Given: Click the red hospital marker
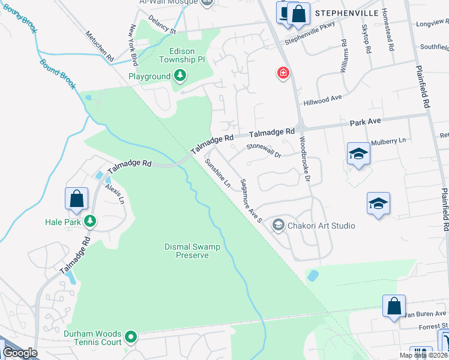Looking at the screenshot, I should click(283, 74).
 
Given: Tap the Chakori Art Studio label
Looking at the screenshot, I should click(321, 226).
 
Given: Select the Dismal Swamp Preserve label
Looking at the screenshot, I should click(192, 251).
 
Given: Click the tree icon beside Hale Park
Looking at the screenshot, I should click(90, 221).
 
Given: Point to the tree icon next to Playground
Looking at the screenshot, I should click(179, 76).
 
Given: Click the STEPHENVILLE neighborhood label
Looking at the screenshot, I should click(348, 12).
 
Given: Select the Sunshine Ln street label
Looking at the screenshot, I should click(217, 173).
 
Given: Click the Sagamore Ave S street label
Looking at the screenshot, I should click(251, 201).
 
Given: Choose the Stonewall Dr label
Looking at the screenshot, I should click(264, 150).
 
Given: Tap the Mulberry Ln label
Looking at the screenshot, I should click(388, 141).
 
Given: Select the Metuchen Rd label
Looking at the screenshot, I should click(100, 46).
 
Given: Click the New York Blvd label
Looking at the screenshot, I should click(134, 46).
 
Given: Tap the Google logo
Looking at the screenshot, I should click(20, 353).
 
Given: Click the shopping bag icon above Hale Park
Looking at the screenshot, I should click(77, 199).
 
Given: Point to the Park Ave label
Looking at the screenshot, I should click(366, 122).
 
